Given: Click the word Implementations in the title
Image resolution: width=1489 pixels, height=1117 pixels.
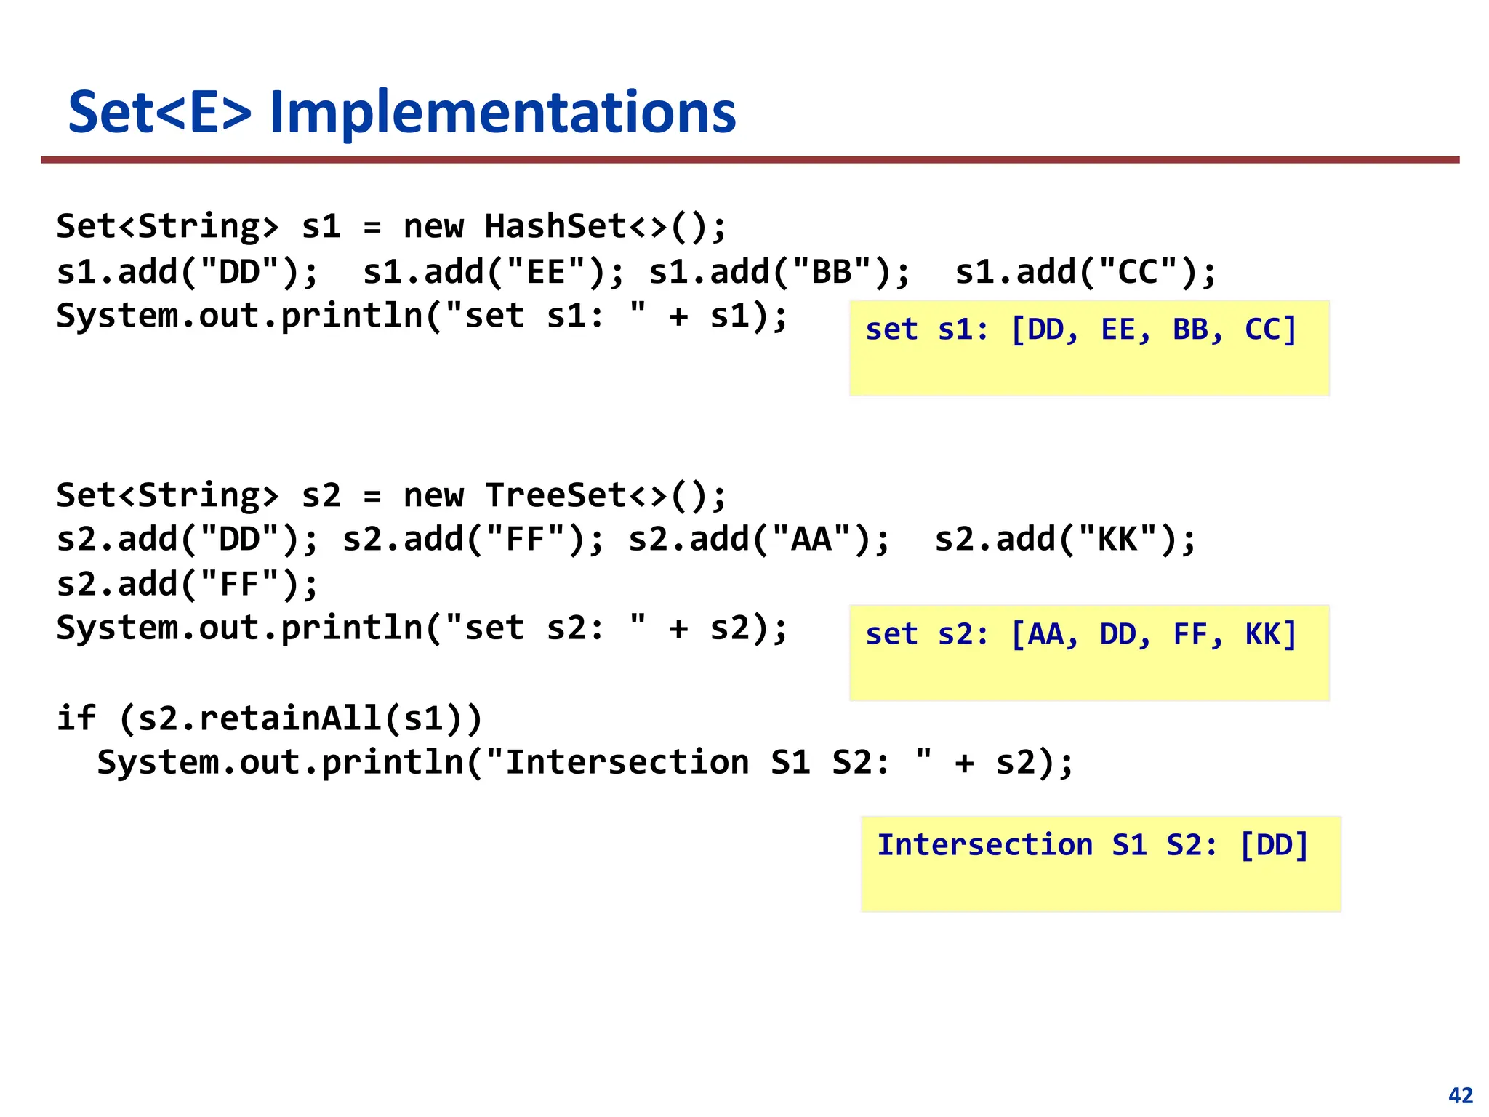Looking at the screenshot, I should click(x=502, y=113).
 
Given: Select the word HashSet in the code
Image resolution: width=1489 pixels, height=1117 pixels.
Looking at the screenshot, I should click(x=555, y=226).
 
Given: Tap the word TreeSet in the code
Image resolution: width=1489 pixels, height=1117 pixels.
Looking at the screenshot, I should click(x=555, y=495).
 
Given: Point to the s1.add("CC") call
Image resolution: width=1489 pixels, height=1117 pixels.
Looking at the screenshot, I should click(x=1084, y=272).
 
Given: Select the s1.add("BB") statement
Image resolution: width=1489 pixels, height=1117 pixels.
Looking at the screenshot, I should click(x=778, y=272).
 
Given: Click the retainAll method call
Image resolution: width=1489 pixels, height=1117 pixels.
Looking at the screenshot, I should click(x=291, y=718).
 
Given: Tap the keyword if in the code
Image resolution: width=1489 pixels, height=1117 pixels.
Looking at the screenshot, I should click(x=76, y=718).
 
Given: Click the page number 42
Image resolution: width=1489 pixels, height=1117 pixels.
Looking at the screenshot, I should click(x=1461, y=1095).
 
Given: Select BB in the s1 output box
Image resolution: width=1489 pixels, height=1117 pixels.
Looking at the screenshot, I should click(x=1190, y=329).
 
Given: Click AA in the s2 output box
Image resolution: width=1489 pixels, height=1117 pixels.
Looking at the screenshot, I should click(x=1045, y=634).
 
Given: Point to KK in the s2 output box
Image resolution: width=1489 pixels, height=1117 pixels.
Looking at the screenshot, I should click(x=1262, y=634).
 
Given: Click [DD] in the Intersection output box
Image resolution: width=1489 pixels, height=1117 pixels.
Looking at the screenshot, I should click(x=1274, y=845).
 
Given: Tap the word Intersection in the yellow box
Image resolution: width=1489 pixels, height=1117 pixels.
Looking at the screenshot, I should click(x=985, y=845).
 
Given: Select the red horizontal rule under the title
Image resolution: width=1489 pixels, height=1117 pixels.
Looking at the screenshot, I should click(x=750, y=159).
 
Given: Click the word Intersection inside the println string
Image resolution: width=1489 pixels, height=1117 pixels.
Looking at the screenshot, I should click(x=627, y=763).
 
